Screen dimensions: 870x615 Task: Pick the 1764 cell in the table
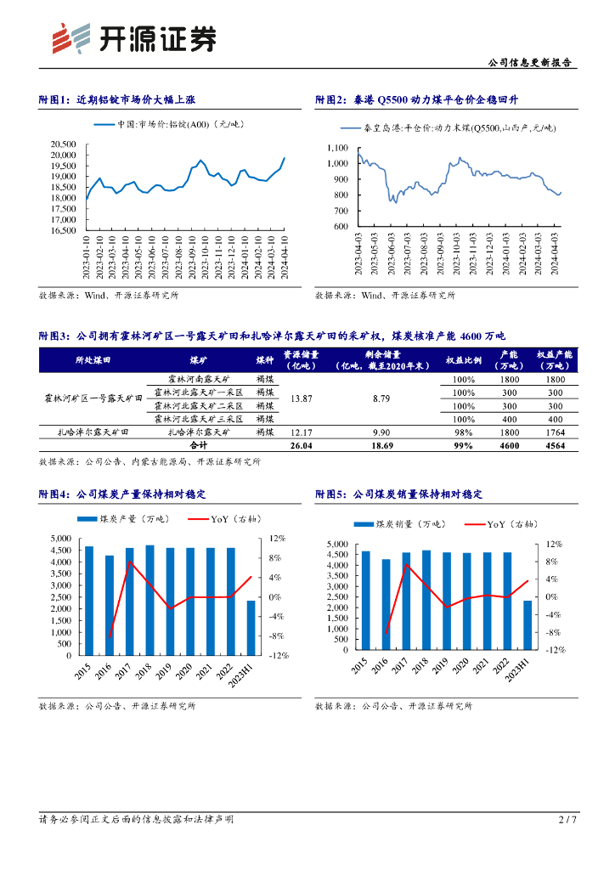point(556,432)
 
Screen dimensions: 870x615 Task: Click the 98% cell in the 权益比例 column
point(463,432)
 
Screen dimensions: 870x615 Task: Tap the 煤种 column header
point(263,360)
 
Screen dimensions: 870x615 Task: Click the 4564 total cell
point(556,445)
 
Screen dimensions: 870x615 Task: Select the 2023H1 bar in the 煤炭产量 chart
point(251,627)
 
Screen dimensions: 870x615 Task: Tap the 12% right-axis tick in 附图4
point(276,539)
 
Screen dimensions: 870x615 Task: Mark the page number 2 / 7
point(567,820)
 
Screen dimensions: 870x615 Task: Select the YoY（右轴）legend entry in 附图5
point(501,524)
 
